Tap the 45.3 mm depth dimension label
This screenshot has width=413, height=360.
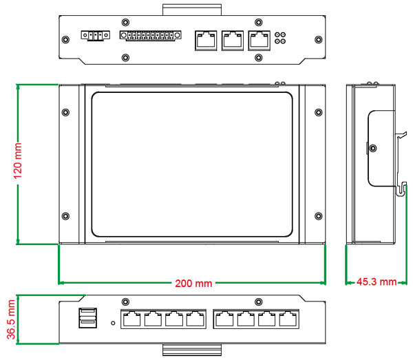click(377, 282)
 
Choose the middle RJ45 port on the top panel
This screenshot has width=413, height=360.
click(232, 39)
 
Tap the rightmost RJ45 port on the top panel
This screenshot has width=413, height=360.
click(259, 39)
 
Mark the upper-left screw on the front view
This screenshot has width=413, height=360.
click(66, 112)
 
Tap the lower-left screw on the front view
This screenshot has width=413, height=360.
click(66, 216)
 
